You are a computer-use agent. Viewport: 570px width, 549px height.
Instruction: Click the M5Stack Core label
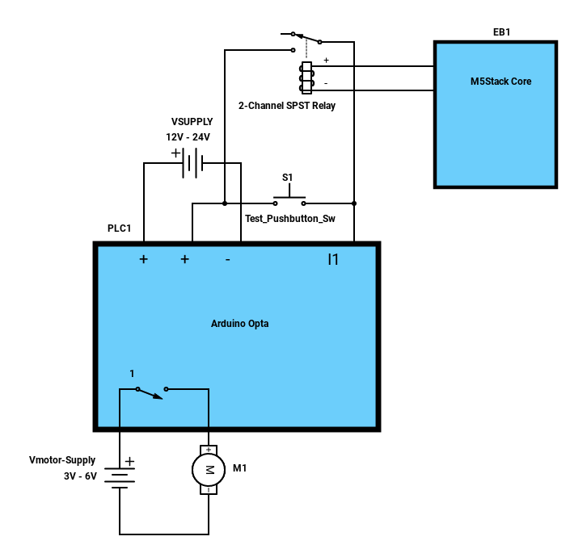pyautogui.click(x=500, y=82)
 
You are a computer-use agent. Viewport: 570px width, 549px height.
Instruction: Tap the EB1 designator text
pyautogui.click(x=501, y=32)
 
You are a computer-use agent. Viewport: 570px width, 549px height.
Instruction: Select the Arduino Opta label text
pyautogui.click(x=239, y=324)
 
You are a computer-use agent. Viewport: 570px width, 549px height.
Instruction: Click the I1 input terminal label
pyautogui.click(x=333, y=259)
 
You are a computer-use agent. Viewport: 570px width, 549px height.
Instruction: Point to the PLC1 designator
pyautogui.click(x=119, y=228)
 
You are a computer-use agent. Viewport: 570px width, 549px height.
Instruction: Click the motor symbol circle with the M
pyautogui.click(x=209, y=470)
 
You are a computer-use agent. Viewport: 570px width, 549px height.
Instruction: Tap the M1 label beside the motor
pyautogui.click(x=239, y=468)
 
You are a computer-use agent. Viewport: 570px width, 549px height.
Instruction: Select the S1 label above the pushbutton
pyautogui.click(x=287, y=177)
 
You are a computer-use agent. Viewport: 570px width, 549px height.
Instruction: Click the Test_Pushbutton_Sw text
pyautogui.click(x=289, y=219)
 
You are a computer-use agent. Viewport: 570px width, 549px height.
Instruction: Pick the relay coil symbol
pyautogui.click(x=306, y=78)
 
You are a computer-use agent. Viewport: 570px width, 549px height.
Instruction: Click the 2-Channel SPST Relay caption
pyautogui.click(x=287, y=106)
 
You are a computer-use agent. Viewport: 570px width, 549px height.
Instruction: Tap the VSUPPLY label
pyautogui.click(x=192, y=122)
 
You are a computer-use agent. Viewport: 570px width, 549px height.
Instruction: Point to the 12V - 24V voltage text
pyautogui.click(x=188, y=137)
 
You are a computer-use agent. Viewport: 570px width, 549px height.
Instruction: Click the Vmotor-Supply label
pyautogui.click(x=62, y=460)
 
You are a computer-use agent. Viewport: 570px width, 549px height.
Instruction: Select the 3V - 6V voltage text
pyautogui.click(x=80, y=476)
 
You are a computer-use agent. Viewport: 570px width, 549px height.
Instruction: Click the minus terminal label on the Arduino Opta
pyautogui.click(x=227, y=260)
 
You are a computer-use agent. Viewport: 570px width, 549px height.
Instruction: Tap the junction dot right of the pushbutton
pyautogui.click(x=354, y=203)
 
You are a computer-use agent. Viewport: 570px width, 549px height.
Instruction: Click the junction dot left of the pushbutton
pyautogui.click(x=225, y=203)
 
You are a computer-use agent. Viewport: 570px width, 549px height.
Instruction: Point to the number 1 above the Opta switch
pyautogui.click(x=132, y=374)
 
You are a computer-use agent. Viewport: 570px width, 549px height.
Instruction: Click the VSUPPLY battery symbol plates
pyautogui.click(x=192, y=162)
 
